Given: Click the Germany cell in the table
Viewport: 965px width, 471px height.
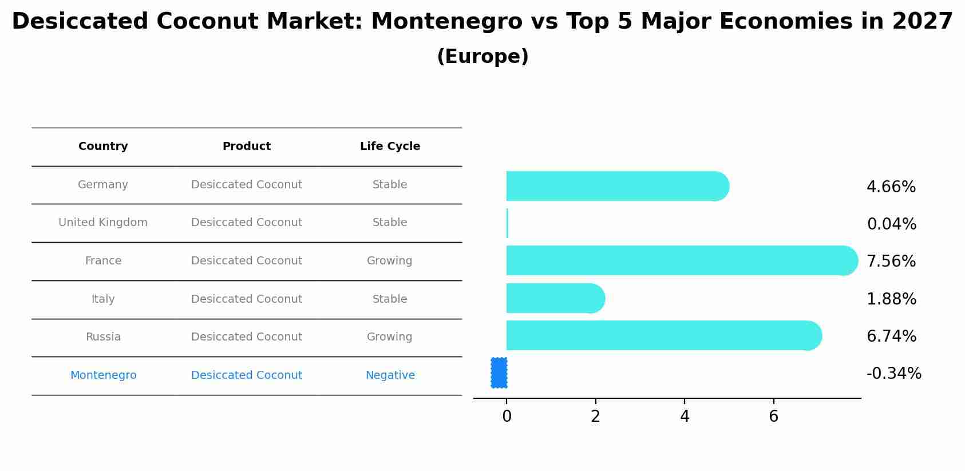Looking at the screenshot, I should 103,185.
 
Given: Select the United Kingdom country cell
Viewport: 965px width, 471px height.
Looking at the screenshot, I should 103,223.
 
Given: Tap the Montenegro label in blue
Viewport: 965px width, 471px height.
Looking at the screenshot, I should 103,375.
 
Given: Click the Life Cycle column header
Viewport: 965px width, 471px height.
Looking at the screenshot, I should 390,147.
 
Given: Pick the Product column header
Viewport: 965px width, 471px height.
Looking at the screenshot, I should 246,147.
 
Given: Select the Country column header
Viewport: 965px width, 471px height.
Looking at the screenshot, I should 103,147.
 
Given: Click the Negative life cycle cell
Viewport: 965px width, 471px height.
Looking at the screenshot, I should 390,375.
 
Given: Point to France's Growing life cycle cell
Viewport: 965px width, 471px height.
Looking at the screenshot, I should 389,261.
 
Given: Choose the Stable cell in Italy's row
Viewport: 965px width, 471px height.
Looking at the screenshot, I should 390,299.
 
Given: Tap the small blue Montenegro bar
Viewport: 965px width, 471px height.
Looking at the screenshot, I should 499,373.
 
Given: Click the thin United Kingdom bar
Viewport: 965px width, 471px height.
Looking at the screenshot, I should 507,223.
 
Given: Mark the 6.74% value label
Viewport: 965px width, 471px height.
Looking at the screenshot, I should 891,337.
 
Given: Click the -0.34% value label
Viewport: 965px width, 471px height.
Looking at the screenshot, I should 893,374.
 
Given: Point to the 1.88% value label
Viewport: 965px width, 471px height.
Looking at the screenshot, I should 891,299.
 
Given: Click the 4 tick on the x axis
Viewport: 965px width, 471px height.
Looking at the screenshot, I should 685,417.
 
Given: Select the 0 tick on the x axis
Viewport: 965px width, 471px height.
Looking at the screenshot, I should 507,417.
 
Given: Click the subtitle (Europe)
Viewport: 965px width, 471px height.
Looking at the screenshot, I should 482,57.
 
